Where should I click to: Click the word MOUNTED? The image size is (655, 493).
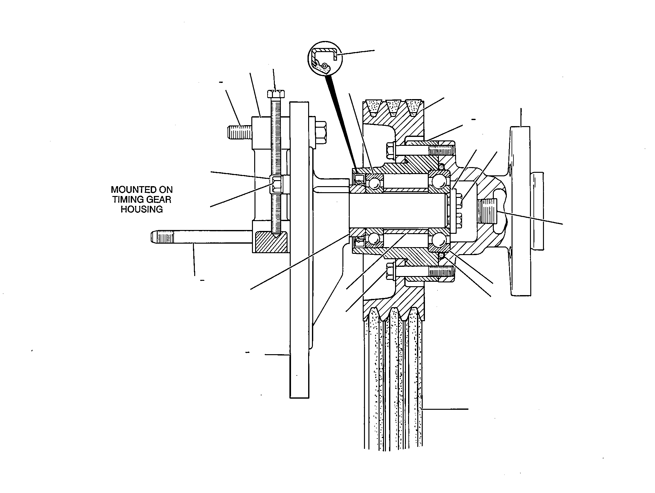tap(142, 190)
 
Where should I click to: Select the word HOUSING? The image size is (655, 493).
tap(142, 209)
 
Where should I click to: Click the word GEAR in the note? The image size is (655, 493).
tap(160, 199)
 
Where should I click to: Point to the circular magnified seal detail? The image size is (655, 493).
tap(325, 58)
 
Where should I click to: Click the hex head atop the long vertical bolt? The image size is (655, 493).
tap(276, 94)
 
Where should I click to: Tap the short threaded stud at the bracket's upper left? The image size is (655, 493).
tap(240, 132)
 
